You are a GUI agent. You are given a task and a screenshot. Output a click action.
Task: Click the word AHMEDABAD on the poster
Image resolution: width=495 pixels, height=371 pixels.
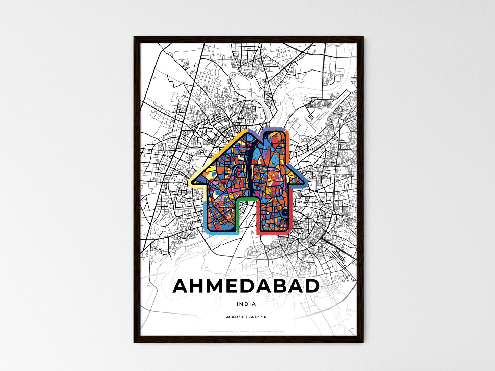(x=246, y=286)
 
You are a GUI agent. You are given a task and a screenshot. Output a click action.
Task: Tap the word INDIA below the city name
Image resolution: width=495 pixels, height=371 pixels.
(x=246, y=304)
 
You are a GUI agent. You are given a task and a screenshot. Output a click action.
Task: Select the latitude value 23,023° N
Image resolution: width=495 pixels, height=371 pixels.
(x=235, y=317)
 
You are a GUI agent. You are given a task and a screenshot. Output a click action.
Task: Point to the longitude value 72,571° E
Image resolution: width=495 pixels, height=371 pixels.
(x=257, y=317)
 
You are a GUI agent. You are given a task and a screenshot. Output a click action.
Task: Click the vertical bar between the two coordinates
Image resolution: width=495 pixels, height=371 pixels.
(x=246, y=317)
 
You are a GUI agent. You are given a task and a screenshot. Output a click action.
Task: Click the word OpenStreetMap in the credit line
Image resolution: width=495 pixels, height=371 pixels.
(x=263, y=331)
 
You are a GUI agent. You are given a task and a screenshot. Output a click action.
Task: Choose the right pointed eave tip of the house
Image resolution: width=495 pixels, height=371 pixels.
(x=306, y=181)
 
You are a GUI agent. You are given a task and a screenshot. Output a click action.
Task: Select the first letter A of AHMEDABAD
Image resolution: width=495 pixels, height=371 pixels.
(x=182, y=286)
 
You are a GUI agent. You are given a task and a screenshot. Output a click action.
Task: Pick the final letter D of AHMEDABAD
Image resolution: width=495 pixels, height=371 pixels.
(x=312, y=286)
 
